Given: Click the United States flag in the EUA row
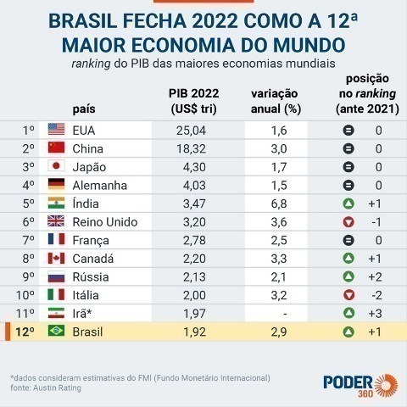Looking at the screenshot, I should click(x=57, y=130).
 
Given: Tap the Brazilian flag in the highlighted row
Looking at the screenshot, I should click(x=57, y=333).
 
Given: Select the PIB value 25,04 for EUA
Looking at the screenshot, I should click(x=194, y=130).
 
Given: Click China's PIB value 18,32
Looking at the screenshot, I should click(x=194, y=148).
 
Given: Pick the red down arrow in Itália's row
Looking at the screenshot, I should click(x=348, y=296).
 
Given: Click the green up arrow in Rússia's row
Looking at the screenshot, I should click(x=348, y=277).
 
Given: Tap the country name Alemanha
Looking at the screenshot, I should click(x=100, y=185).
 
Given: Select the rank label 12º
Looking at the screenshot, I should click(x=27, y=333).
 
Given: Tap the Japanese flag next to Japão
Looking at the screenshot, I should click(x=57, y=167).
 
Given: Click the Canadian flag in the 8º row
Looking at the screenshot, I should click(x=57, y=259).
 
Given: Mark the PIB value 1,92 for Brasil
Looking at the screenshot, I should click(x=194, y=333).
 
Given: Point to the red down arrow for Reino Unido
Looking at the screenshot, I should click(x=348, y=222).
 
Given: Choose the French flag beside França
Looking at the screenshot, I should click(x=57, y=241).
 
